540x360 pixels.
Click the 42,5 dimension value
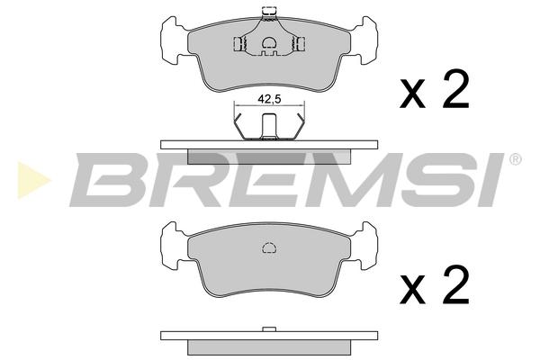(269, 99)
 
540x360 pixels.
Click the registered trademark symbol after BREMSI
(515, 159)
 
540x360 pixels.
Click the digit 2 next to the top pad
(456, 89)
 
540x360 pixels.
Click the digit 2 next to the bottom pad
(456, 284)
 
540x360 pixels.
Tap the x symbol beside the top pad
(412, 94)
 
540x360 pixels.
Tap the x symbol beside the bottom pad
(412, 290)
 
